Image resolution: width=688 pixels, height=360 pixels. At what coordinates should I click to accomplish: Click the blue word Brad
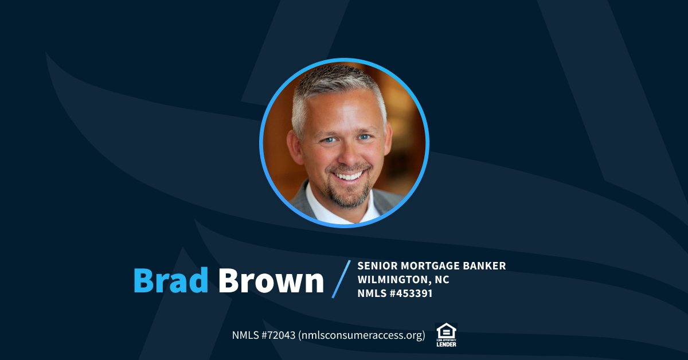pyautogui.click(x=171, y=280)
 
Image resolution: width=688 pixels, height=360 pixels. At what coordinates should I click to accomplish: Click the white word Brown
pyautogui.click(x=271, y=280)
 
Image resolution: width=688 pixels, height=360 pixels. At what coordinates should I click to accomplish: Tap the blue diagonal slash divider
pyautogui.click(x=341, y=279)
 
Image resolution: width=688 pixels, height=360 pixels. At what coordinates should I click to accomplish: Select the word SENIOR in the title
pyautogui.click(x=377, y=266)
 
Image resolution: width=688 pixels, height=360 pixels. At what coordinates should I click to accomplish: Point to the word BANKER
pyautogui.click(x=486, y=266)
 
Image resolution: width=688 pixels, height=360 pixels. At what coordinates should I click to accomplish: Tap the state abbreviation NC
pyautogui.click(x=442, y=280)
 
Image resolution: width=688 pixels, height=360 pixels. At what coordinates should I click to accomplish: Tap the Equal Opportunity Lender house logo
pyautogui.click(x=446, y=331)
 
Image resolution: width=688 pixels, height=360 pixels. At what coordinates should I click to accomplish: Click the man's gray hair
pyautogui.click(x=338, y=86)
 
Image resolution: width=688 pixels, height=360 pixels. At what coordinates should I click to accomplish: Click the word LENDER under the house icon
pyautogui.click(x=446, y=344)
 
